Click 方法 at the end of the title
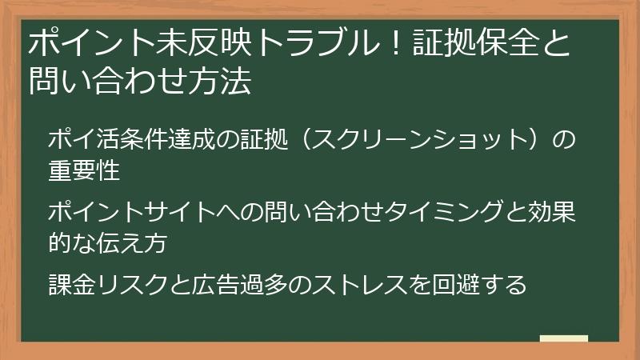coord(225,80)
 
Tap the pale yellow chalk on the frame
coord(563,338)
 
